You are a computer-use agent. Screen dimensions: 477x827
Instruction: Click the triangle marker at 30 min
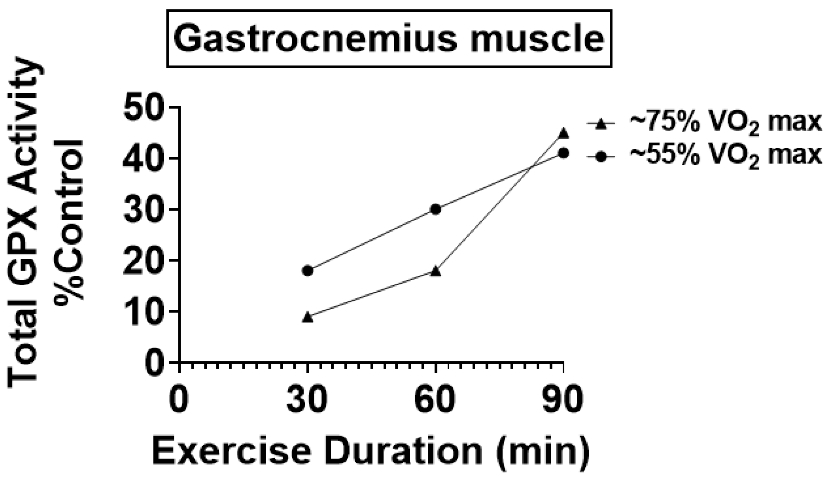tap(308, 317)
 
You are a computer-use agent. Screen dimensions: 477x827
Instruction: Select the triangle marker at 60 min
tap(436, 271)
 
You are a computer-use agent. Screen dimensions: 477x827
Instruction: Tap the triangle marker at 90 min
tap(564, 133)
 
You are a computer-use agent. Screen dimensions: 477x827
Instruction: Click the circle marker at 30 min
tap(308, 271)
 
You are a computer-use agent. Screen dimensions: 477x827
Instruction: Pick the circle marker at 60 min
tap(436, 209)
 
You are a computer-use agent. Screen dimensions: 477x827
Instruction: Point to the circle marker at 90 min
tap(564, 153)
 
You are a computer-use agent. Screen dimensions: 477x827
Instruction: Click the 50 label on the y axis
tap(146, 108)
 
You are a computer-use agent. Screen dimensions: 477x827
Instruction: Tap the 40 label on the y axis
tap(146, 159)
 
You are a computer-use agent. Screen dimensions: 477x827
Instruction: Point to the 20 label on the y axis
tap(146, 261)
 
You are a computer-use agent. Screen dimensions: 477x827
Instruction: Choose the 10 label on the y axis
tap(146, 311)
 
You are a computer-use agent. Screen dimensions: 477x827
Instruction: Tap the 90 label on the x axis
tap(562, 400)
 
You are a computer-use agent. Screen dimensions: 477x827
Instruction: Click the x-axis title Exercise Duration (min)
tap(371, 452)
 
